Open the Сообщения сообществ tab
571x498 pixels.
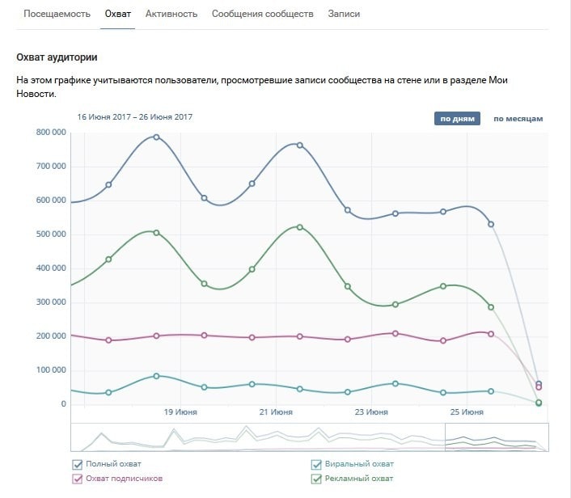[262, 15]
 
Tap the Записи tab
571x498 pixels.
[344, 15]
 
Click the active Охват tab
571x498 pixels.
[117, 15]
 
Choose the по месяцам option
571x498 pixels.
[518, 119]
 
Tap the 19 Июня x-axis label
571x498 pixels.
[180, 412]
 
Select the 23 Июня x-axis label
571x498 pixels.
[371, 412]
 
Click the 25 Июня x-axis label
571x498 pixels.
[467, 412]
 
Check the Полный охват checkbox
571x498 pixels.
[78, 464]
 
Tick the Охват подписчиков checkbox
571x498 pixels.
[78, 479]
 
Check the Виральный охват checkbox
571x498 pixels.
[317, 464]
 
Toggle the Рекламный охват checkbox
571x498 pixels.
[317, 479]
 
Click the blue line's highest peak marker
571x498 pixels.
[156, 137]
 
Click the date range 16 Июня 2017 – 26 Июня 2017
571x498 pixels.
[134, 117]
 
